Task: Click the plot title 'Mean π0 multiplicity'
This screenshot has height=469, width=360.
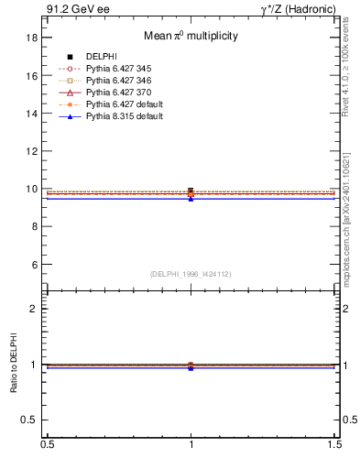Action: click(191, 36)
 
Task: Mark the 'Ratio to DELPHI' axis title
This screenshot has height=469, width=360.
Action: click(13, 364)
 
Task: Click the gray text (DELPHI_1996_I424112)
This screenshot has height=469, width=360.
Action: click(191, 274)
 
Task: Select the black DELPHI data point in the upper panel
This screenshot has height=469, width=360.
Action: click(191, 191)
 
